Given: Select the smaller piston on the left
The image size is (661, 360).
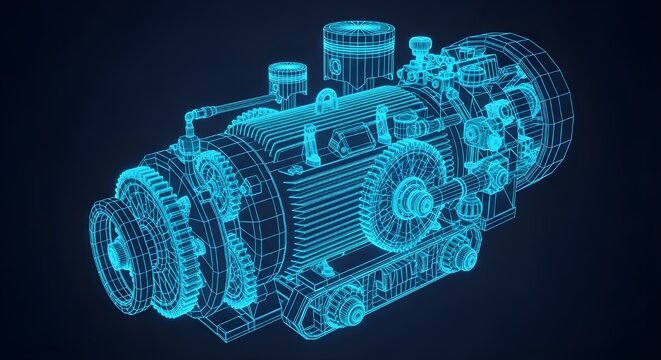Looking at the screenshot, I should click(x=287, y=83).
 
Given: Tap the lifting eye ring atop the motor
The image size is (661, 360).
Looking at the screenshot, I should click(x=327, y=101).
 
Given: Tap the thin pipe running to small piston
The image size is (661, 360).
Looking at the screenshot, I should click(x=235, y=101).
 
